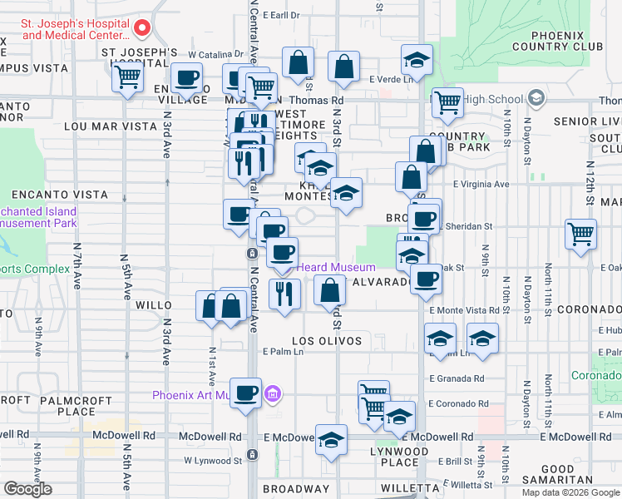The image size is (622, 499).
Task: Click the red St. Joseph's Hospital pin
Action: pos(141,29)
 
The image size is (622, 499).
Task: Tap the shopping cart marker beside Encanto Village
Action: pos(127,77)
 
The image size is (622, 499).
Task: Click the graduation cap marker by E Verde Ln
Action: pos(417,61)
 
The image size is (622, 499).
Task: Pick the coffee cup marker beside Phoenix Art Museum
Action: pos(244,393)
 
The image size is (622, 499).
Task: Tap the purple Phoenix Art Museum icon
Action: pos(271,393)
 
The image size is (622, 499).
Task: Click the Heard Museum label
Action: pos(336,267)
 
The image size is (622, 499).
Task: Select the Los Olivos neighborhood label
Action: pos(327,341)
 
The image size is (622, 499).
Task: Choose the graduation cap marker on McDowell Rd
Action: pos(331,439)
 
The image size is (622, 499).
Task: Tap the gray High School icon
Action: pos(536,99)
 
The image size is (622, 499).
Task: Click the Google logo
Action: pos(27,489)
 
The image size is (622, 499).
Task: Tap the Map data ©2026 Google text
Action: pos(570,492)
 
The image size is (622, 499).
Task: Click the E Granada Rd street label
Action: pos(457,378)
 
